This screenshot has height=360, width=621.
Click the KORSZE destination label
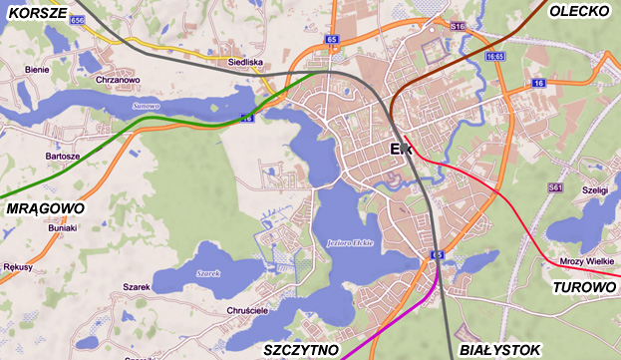[x=35, y=13]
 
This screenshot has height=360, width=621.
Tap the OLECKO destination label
[x=579, y=11]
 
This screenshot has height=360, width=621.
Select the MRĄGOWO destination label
[x=46, y=209]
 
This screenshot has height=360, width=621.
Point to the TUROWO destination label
[x=584, y=287]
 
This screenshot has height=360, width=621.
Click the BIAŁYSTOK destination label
[x=500, y=350]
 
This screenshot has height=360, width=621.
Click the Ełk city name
[x=401, y=150]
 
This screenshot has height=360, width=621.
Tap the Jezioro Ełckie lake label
[x=348, y=243]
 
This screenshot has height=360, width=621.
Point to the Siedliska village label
[x=245, y=62]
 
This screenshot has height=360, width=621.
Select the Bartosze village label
[x=63, y=157]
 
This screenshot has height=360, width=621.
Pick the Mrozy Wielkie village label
[x=585, y=261]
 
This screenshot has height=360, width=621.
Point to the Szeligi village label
[x=595, y=188]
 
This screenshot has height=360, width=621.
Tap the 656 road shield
[x=78, y=20]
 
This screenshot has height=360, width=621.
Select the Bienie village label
[x=37, y=70]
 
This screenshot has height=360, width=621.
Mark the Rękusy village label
[x=18, y=267]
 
